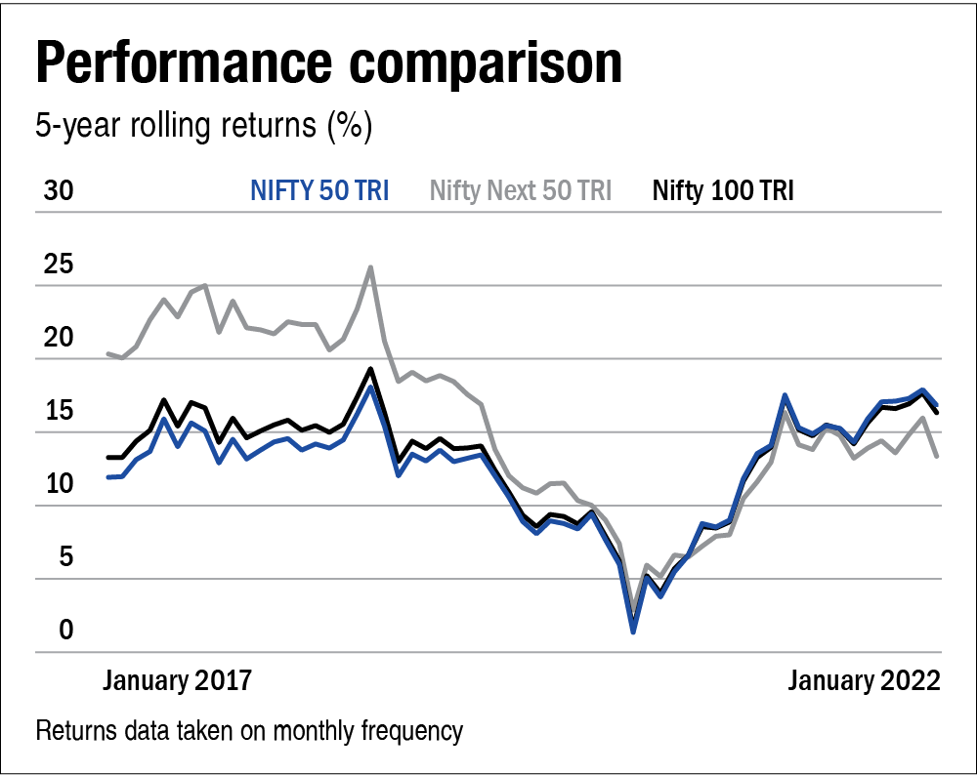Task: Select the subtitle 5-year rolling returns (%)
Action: [x=204, y=127]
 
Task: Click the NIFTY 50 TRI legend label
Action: [x=319, y=190]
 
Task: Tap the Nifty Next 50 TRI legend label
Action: [x=521, y=190]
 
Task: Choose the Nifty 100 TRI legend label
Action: [x=723, y=190]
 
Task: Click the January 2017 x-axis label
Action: [x=177, y=680]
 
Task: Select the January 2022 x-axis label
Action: [x=864, y=680]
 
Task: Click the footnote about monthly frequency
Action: [x=249, y=730]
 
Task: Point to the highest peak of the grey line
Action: [x=370, y=266]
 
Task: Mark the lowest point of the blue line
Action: [x=633, y=632]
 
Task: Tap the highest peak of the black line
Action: [x=370, y=369]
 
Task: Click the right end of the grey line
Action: [x=937, y=456]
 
